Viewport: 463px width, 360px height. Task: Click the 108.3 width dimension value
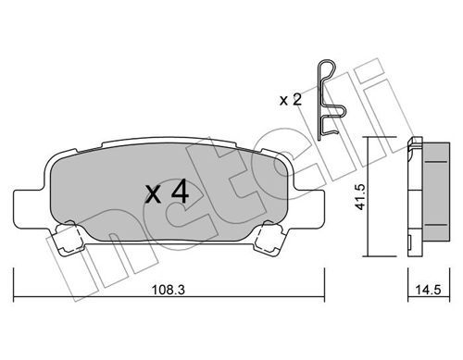point(169,290)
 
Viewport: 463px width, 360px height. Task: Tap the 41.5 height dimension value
point(360,197)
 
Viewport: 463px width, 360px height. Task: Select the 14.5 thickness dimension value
point(428,290)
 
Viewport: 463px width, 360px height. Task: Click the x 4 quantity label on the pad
point(167,192)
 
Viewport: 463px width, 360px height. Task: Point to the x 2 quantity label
point(290,100)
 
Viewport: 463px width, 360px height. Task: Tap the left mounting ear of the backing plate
point(30,209)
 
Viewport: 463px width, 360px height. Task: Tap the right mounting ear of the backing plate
point(308,209)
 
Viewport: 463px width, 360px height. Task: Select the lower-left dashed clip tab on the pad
point(69,238)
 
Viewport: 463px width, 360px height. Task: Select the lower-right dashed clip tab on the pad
point(269,238)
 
